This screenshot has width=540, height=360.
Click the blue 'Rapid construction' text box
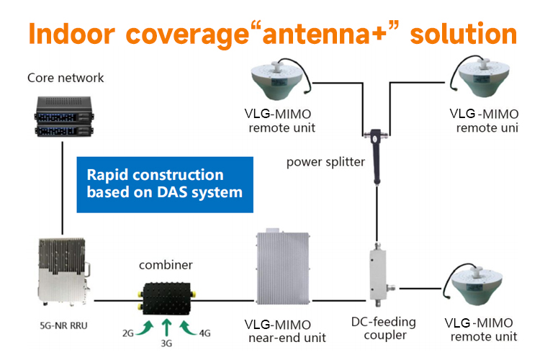click(165, 184)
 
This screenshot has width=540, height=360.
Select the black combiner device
click(167, 297)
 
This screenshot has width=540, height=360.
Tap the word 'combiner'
click(166, 265)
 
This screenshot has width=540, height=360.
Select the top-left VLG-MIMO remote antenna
click(281, 81)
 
